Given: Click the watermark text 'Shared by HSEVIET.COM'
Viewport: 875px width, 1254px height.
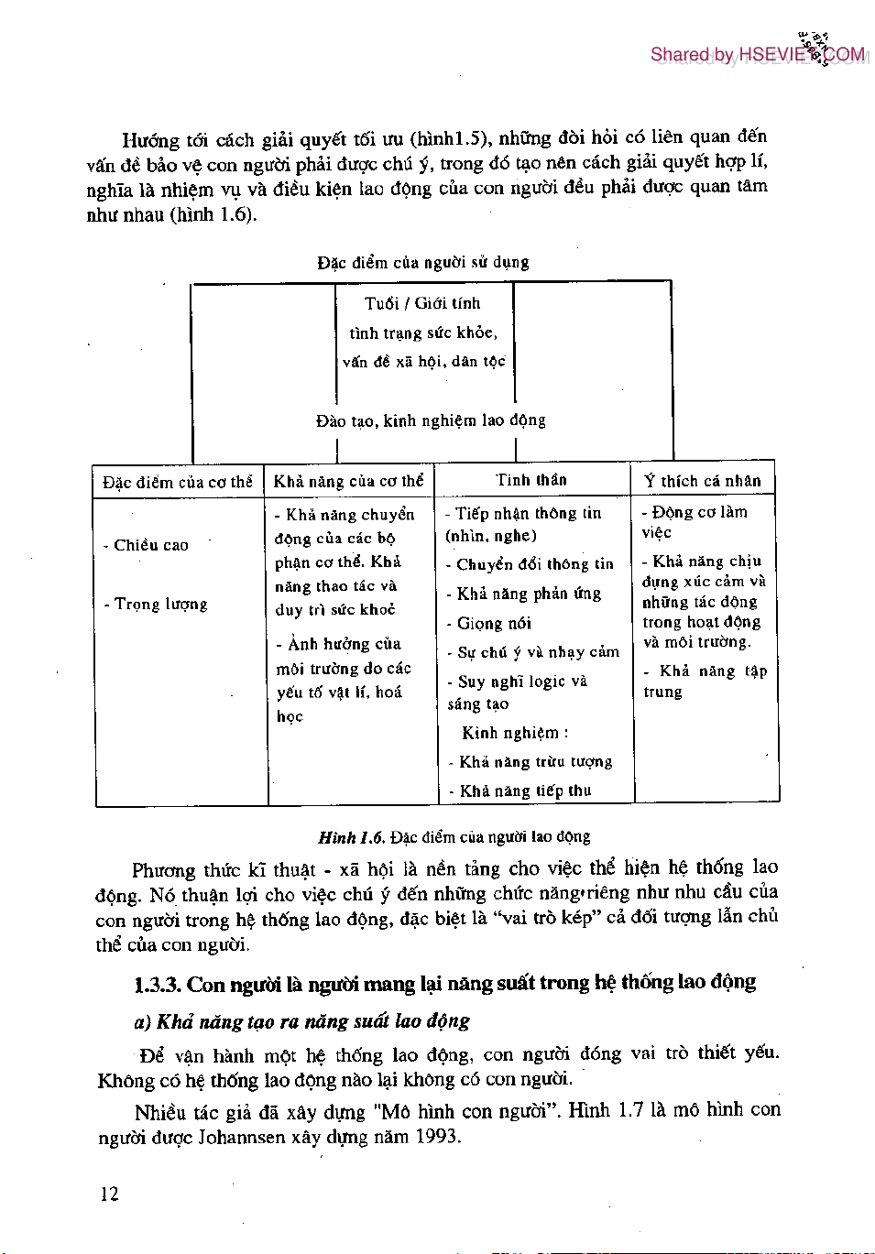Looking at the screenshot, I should (757, 55).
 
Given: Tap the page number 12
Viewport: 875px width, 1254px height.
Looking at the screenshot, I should (109, 1194).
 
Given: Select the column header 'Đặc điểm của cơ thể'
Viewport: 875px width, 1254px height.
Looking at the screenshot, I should (177, 482).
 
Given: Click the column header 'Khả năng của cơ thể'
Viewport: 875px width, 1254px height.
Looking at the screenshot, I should (348, 481).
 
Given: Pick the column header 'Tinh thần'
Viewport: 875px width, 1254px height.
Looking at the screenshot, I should (531, 480).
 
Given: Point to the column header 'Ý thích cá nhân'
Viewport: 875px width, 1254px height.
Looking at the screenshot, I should (702, 481).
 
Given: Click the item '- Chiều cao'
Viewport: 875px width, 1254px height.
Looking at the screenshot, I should (147, 545).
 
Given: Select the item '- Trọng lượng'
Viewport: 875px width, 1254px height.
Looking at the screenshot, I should (156, 605).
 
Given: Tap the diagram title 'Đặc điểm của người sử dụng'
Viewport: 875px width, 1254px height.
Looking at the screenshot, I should (423, 263).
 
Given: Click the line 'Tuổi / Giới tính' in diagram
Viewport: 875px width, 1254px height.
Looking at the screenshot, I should (422, 303).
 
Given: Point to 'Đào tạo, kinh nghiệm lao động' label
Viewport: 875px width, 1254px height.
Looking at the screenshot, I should (431, 420).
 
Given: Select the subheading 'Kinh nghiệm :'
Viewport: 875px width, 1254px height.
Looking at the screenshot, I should (515, 733).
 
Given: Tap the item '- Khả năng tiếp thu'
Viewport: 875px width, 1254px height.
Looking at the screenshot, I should (520, 791).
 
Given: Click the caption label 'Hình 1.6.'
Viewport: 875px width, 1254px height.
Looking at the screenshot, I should (351, 837).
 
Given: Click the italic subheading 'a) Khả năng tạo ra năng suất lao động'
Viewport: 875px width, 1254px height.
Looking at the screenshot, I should (302, 1021).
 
